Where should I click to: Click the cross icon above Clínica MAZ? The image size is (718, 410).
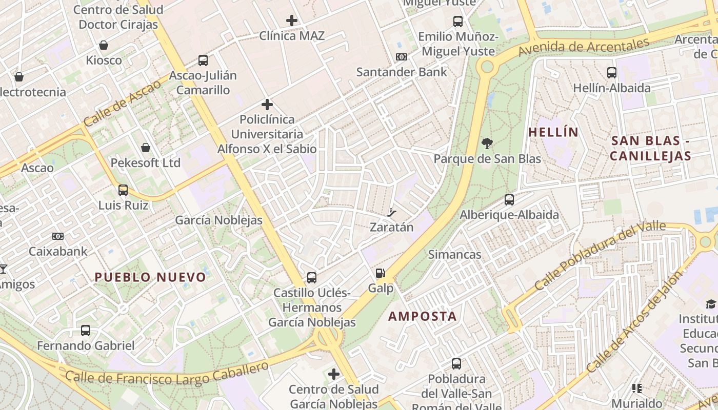coord(292,20)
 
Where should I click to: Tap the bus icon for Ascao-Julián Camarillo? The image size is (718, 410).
coord(203,60)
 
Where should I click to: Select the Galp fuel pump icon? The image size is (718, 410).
coord(380,273)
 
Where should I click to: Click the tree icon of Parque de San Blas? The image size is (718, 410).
coord(487,143)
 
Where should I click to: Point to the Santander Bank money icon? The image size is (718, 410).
coord(402,57)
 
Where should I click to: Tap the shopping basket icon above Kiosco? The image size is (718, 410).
coord(104,45)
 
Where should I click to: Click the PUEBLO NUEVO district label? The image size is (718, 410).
coord(150,277)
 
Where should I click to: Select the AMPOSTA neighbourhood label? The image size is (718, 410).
coord(422,316)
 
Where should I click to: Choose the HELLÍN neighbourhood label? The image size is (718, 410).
coord(553,132)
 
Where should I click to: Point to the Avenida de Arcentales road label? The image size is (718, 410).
coord(584,47)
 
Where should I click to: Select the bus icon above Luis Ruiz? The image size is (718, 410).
coord(123,190)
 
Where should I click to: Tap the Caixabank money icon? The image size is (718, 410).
coord(58,236)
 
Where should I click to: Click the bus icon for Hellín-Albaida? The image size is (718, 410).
coord(612,73)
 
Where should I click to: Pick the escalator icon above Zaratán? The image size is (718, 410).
coord(392,212)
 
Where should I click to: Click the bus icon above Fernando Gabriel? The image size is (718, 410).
coord(86,331)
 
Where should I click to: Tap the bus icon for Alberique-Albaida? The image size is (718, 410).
coord(509,200)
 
